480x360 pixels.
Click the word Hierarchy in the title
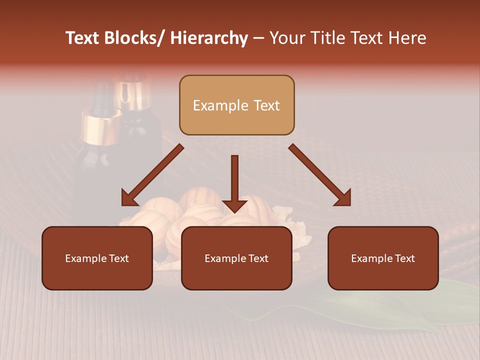point(209,38)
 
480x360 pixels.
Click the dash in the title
point(258,38)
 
